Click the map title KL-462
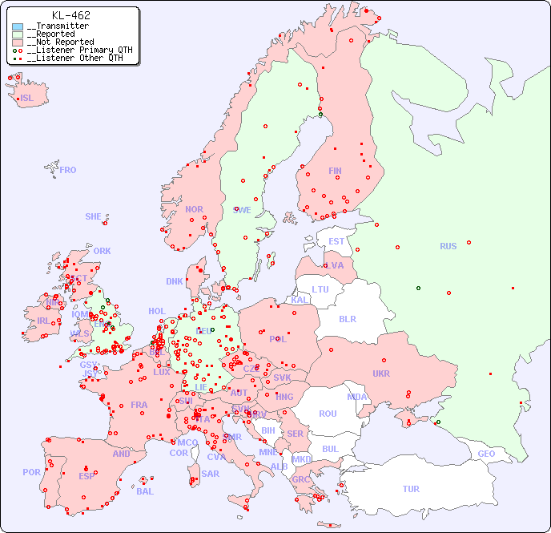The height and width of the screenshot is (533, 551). click(70, 15)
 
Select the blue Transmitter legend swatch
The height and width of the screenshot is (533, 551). click(18, 26)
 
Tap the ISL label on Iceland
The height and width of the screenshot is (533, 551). click(27, 99)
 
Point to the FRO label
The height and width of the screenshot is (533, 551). click(68, 170)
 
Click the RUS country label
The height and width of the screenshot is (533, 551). click(448, 246)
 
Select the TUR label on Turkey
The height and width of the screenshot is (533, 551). click(411, 489)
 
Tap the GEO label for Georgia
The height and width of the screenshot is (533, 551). click(486, 454)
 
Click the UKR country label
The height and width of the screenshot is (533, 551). click(381, 374)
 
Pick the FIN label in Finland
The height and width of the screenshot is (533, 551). click(335, 171)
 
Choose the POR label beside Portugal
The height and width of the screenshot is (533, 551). click(31, 472)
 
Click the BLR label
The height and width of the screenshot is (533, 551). click(347, 318)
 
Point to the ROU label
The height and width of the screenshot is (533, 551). click(328, 414)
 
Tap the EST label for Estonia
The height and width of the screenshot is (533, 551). click(336, 241)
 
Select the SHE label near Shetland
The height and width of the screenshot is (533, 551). click(94, 216)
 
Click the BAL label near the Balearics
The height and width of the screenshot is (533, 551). click(145, 491)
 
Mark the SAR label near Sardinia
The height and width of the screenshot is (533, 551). click(210, 474)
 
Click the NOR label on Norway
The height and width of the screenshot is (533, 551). click(194, 209)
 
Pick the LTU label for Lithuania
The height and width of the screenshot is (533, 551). click(320, 289)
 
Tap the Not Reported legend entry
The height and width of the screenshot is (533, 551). click(60, 42)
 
